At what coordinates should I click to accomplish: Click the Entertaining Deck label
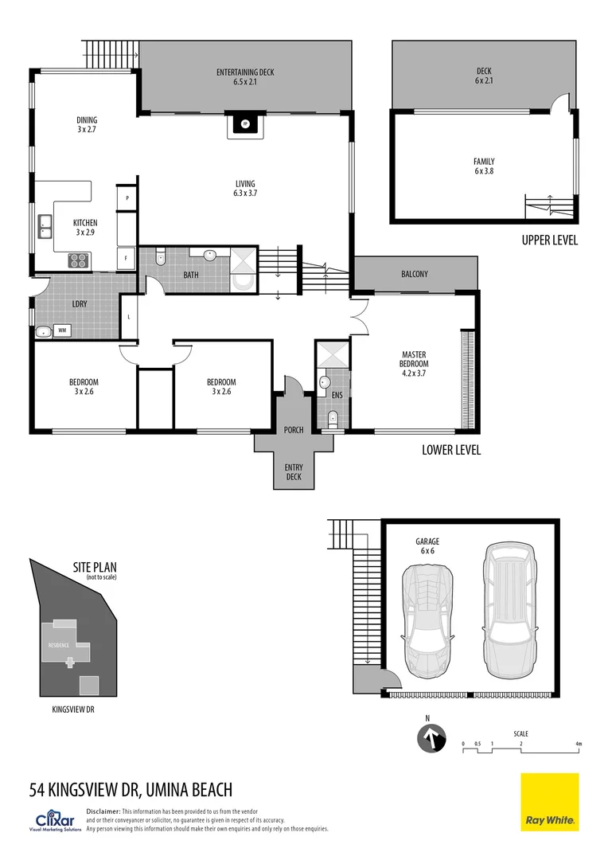pos(245,76)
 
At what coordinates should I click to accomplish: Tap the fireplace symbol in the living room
pos(245,123)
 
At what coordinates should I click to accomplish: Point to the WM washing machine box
pos(62,330)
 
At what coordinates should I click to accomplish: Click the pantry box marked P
pos(127,197)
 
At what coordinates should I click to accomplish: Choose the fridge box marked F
pos(127,258)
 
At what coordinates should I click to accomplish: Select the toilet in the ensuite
pos(332,417)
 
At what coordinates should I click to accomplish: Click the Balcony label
pos(415,274)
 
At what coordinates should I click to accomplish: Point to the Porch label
pos(294,430)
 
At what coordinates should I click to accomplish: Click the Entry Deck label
pos(294,472)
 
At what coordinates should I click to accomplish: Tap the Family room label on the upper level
pos(484,166)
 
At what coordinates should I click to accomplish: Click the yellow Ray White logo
pos(550,802)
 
